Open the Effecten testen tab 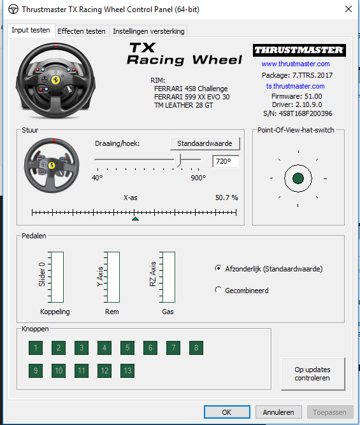[x=82, y=31]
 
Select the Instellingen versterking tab [x=148, y=31]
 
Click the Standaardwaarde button [x=205, y=143]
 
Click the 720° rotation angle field [x=226, y=161]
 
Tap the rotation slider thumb [x=178, y=160]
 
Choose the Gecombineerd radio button [x=218, y=290]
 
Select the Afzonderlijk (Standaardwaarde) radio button [x=218, y=268]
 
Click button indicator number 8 [x=196, y=348]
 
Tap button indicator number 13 [x=127, y=370]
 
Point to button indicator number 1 [x=36, y=348]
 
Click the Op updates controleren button [x=313, y=374]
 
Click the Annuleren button [x=278, y=412]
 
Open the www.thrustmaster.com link [x=296, y=64]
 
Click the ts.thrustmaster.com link [x=295, y=86]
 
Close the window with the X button [x=349, y=9]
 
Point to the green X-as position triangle [x=135, y=219]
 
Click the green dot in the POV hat [x=298, y=178]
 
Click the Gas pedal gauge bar [x=169, y=277]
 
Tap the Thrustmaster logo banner [x=299, y=50]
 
